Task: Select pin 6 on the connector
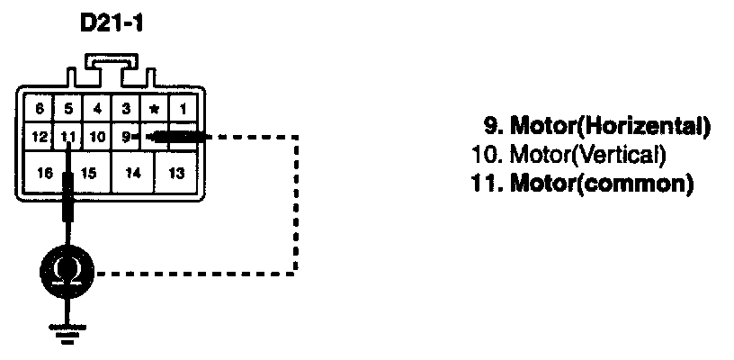[x=40, y=109]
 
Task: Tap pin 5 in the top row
[x=68, y=109]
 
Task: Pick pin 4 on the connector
[x=97, y=109]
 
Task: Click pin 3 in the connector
[x=126, y=109]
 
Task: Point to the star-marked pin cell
[x=155, y=110]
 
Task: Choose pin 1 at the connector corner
[x=183, y=109]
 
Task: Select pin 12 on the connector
[x=39, y=138]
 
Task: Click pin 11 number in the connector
[x=69, y=138]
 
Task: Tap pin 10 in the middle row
[x=98, y=138]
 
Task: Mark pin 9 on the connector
[x=127, y=138]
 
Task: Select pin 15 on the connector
[x=88, y=172]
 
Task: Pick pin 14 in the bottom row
[x=132, y=172]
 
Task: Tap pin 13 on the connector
[x=178, y=172]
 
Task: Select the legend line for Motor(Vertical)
[x=568, y=155]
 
